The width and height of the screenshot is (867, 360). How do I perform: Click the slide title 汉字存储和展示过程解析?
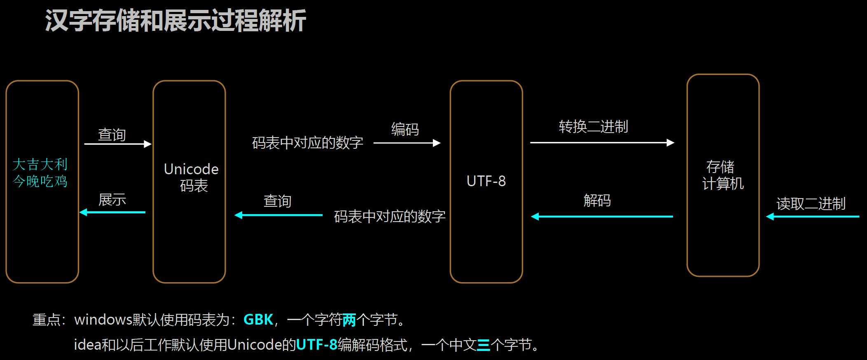pos(175,21)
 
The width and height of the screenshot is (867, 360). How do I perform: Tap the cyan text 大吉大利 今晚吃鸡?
pos(40,173)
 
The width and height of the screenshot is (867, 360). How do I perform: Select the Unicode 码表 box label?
pos(191,177)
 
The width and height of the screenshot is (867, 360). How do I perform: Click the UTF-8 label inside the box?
pos(486,181)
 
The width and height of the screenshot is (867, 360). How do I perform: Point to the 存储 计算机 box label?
pos(723,175)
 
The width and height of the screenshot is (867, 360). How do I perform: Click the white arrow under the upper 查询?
pos(118,144)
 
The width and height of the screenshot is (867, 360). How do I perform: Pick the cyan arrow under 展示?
pos(112,212)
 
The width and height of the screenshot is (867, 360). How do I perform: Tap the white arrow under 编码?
pos(407,143)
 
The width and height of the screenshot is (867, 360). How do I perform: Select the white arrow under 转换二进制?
pos(602,143)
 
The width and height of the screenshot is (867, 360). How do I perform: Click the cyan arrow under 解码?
pos(602,216)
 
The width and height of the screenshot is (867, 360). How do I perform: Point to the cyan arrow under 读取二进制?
pos(812,216)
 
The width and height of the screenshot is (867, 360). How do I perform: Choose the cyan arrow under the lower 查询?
pos(278,215)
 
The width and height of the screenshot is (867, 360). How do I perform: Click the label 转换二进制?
pos(593,126)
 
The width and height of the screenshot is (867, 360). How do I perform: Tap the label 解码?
pos(597,201)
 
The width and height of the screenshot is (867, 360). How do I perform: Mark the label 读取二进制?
pos(811,203)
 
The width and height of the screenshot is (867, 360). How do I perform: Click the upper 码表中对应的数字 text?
pos(307,143)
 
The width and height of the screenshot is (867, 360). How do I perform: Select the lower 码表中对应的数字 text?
pos(390,216)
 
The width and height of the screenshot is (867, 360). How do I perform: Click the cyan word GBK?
pos(258,320)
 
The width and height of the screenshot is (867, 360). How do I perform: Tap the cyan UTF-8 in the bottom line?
pos(316,344)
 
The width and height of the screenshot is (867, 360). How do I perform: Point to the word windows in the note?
pos(103,320)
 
